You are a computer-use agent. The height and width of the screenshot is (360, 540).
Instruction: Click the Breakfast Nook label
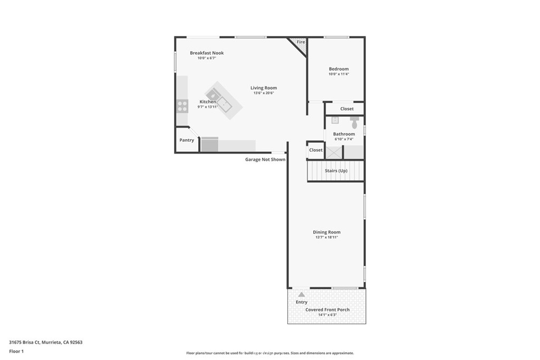(x=207, y=53)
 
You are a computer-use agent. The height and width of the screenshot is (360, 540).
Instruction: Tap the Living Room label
(x=263, y=88)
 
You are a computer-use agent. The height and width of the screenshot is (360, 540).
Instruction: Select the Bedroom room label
(x=339, y=69)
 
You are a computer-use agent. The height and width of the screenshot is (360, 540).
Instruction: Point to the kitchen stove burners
(x=182, y=106)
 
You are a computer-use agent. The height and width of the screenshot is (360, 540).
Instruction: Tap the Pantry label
(x=187, y=140)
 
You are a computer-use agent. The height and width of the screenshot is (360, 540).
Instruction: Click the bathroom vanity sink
(x=335, y=120)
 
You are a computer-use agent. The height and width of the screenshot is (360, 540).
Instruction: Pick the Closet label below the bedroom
(x=347, y=109)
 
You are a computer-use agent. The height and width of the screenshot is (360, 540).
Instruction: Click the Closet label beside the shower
(x=316, y=150)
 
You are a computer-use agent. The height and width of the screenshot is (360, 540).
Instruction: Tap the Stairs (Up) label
(x=336, y=171)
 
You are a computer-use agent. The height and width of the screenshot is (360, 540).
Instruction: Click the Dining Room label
(x=326, y=232)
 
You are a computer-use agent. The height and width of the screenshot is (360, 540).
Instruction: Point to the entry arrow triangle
(x=301, y=295)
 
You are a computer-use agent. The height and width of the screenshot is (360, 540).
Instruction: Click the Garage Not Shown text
(x=265, y=159)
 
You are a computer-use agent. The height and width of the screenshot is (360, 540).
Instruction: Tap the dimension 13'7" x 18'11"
(x=326, y=238)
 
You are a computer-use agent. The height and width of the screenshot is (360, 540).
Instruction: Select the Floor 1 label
(x=16, y=351)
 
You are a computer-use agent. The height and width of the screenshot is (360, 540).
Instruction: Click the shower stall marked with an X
(x=334, y=153)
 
